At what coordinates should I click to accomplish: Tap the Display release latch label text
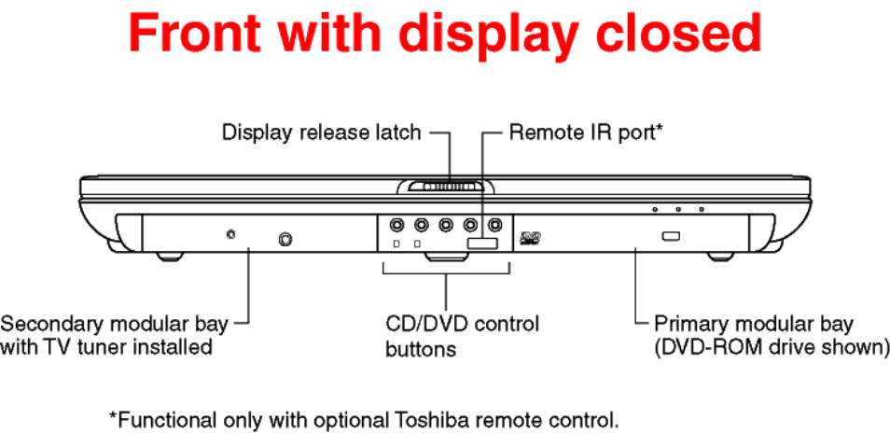321,133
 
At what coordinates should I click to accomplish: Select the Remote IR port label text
586,133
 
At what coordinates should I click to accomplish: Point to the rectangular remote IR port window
483,244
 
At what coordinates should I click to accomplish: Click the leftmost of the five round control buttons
396,225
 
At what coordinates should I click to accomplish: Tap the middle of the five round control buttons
445,225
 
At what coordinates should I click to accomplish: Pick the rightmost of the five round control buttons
495,225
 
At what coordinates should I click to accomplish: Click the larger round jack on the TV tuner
286,240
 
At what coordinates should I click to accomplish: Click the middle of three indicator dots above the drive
677,209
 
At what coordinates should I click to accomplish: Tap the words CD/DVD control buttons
462,336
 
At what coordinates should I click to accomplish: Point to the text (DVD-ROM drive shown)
772,347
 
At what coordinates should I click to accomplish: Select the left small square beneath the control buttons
396,244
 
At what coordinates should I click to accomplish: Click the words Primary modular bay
753,325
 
